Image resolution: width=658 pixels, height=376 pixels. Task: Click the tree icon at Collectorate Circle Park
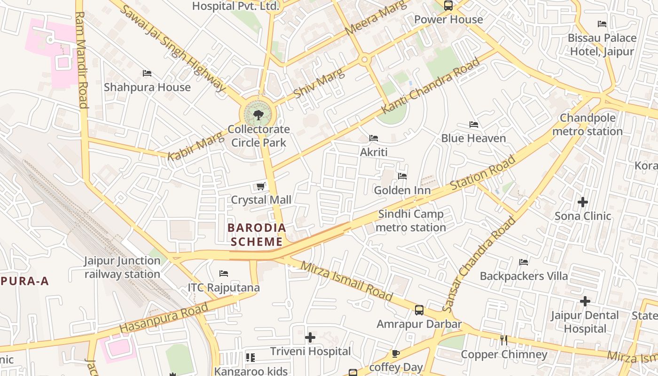tap(258, 115)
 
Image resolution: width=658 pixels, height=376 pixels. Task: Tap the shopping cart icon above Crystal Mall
tap(261, 187)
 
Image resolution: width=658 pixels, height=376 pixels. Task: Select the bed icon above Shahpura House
tap(147, 73)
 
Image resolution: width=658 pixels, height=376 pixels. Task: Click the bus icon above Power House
tap(448, 6)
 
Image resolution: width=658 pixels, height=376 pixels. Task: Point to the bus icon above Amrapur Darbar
tap(419, 310)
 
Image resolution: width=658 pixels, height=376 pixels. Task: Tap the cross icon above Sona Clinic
tap(583, 202)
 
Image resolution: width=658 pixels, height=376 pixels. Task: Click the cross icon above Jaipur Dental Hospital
tap(585, 301)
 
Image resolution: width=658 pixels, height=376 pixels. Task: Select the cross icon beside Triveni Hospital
tap(310, 337)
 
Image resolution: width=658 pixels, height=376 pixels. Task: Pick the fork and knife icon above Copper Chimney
tap(504, 340)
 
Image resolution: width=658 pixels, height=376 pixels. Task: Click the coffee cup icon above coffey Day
tap(396, 353)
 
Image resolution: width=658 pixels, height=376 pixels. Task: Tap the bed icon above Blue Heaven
tap(474, 125)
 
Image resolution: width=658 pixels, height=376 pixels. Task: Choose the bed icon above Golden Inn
tap(402, 176)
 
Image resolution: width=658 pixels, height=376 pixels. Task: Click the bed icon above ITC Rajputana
tap(224, 274)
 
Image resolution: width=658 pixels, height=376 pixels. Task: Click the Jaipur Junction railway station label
tap(122, 267)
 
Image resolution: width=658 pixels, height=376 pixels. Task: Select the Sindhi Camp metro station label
tap(411, 221)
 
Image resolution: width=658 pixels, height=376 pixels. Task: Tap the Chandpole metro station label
tap(587, 125)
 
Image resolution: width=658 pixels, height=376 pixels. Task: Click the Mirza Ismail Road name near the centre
tap(346, 281)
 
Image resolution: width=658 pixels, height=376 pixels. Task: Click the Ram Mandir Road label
tap(81, 60)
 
